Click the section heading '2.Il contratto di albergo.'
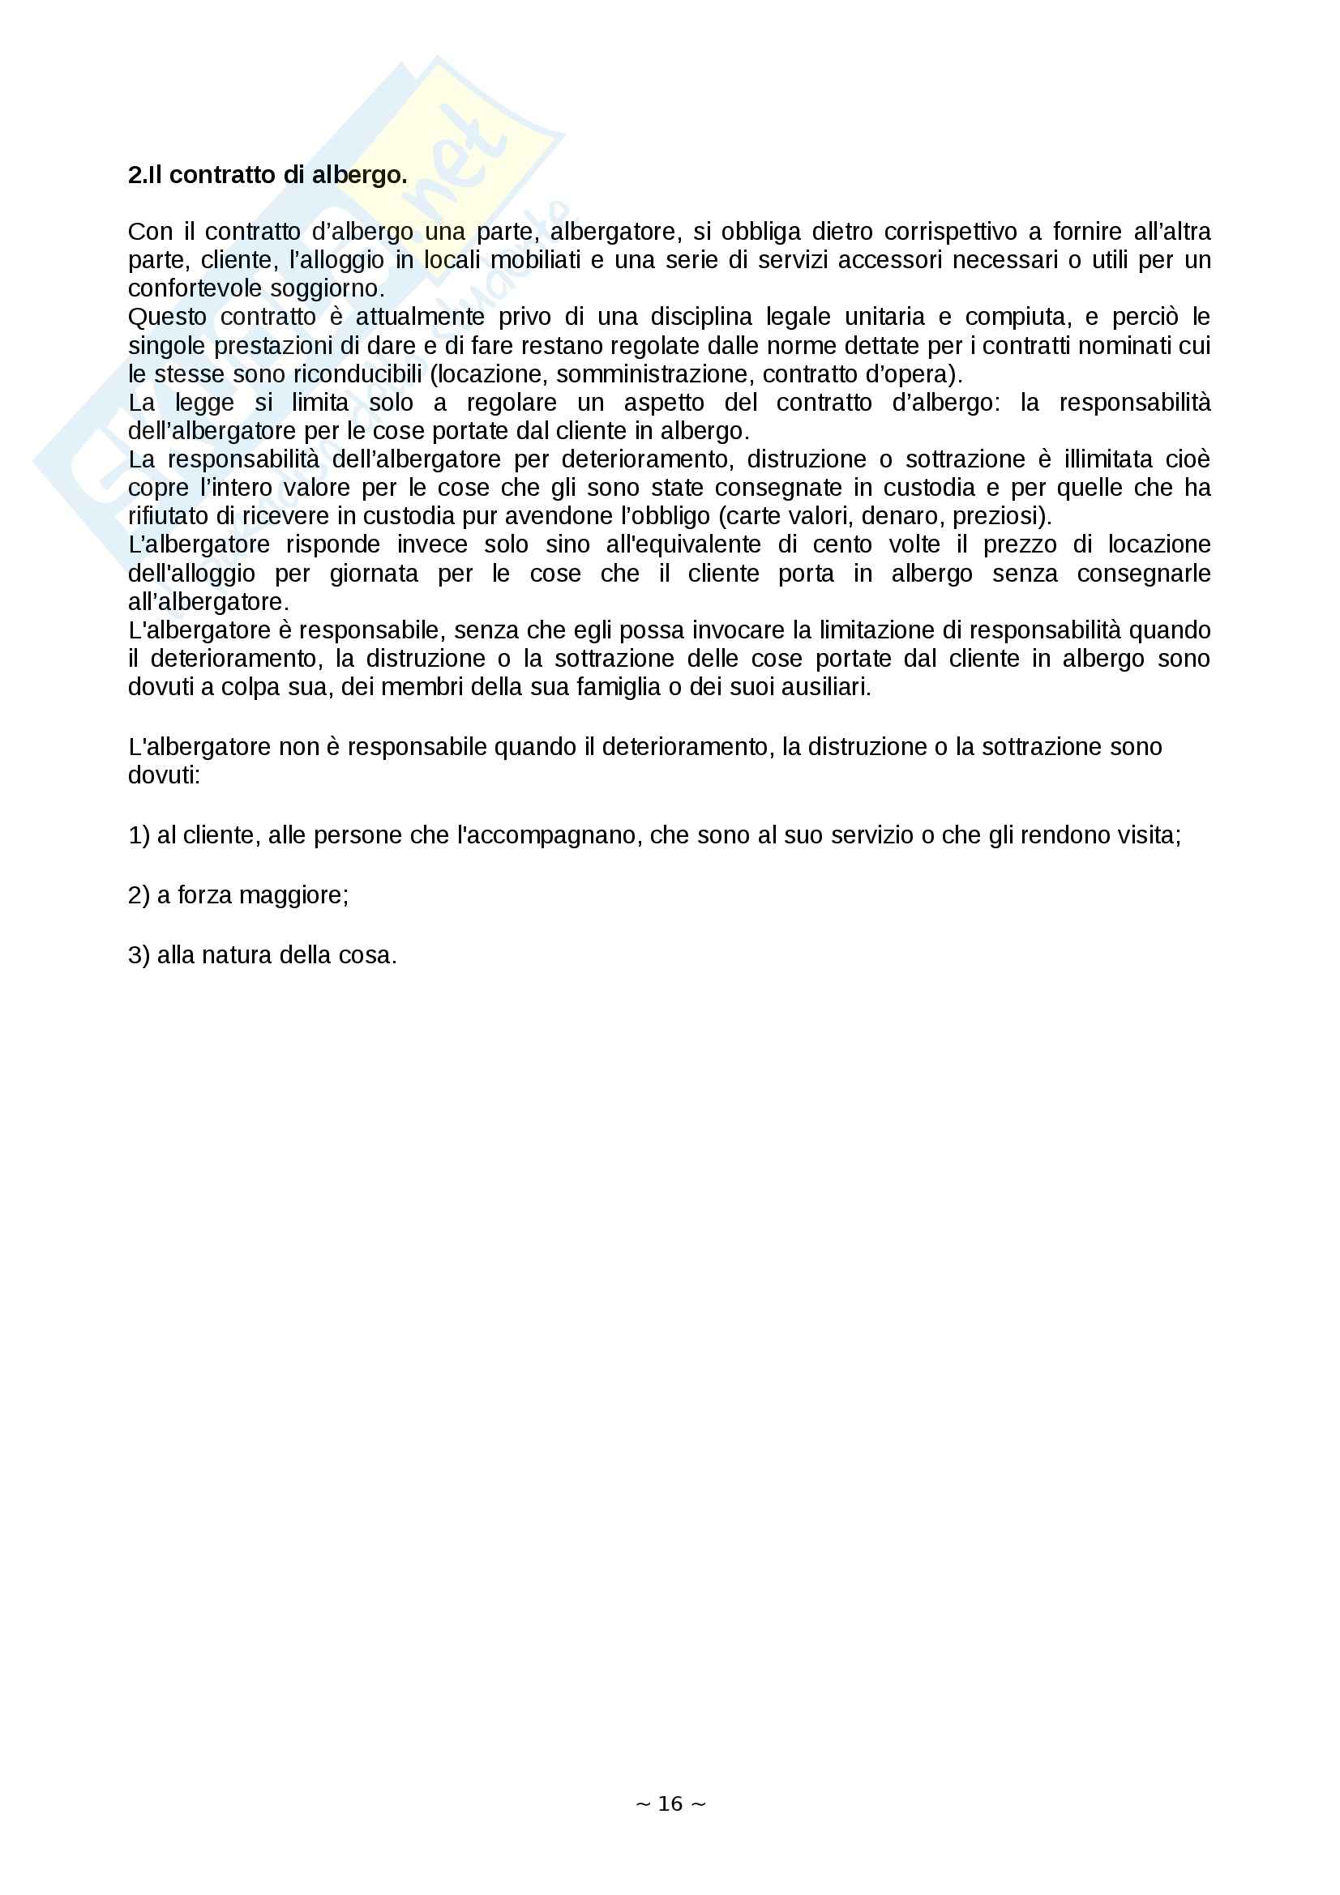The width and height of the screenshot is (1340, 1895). [268, 175]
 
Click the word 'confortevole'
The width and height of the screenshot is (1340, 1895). [187, 289]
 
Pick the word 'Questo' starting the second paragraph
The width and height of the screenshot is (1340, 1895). [167, 317]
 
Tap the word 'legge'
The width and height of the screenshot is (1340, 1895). [205, 403]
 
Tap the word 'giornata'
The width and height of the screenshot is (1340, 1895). [374, 574]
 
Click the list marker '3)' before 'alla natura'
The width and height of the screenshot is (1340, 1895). [139, 955]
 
